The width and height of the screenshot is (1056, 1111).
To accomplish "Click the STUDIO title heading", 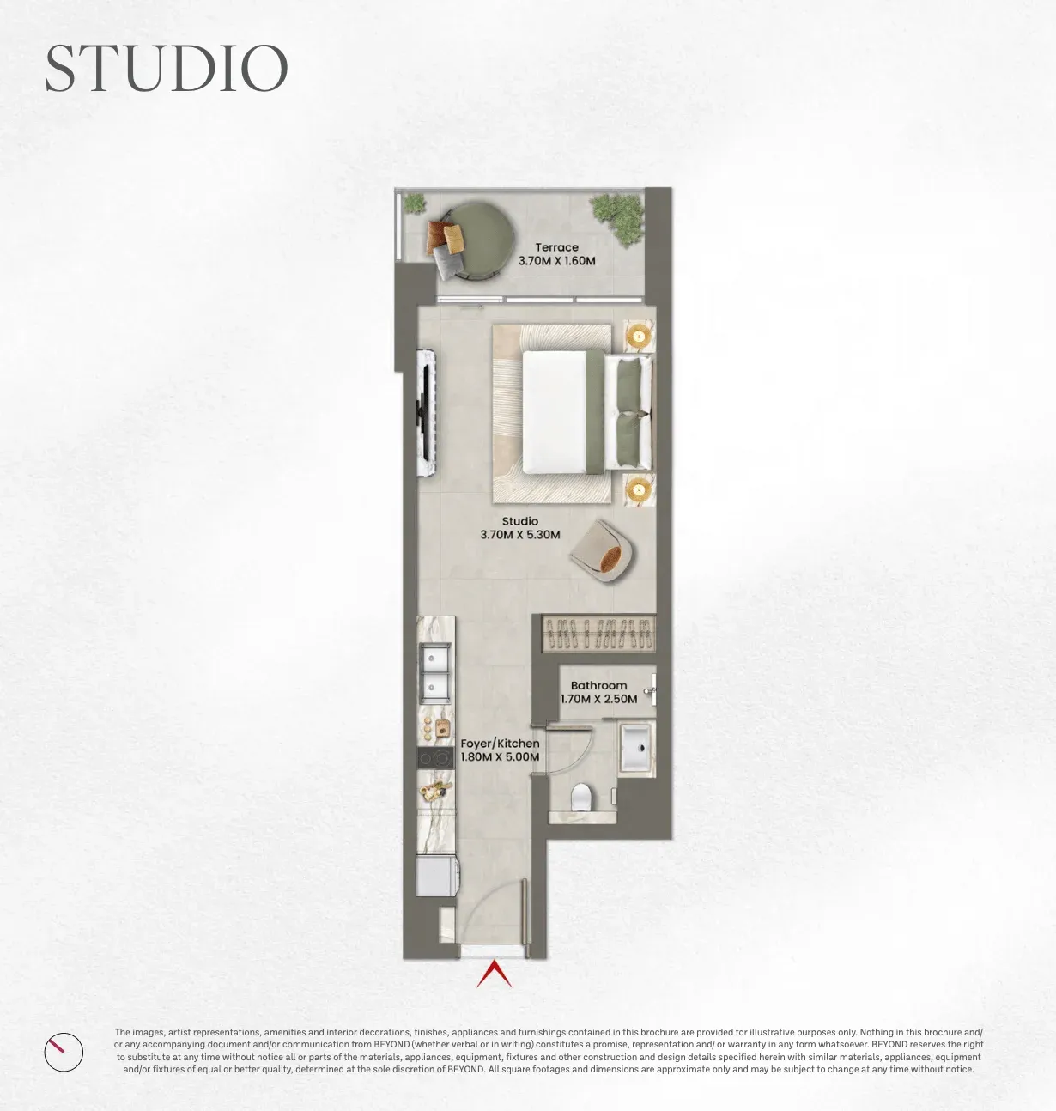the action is (167, 68).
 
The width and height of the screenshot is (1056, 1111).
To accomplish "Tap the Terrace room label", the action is (557, 247).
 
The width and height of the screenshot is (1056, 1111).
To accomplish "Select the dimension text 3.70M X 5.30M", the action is (520, 535).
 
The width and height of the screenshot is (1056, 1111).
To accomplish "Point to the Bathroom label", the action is (598, 685).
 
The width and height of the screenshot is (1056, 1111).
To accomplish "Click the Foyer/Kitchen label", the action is (500, 744).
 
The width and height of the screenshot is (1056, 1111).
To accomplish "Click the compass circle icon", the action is (64, 1053).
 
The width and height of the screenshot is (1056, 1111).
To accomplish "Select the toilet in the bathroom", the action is (580, 797).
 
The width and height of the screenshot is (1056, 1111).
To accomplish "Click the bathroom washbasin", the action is (636, 748).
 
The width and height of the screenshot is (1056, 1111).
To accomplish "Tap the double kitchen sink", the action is (435, 674).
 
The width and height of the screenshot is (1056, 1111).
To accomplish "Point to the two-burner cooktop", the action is (435, 758).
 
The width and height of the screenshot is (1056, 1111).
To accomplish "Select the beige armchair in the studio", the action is (603, 551).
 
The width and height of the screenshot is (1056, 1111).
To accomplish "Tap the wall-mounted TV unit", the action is (427, 412).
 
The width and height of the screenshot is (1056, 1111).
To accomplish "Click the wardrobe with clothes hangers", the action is (598, 633).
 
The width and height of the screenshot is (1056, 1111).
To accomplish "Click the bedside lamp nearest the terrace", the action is (639, 337).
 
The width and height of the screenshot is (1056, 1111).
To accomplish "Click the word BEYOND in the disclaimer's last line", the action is (466, 1069).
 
